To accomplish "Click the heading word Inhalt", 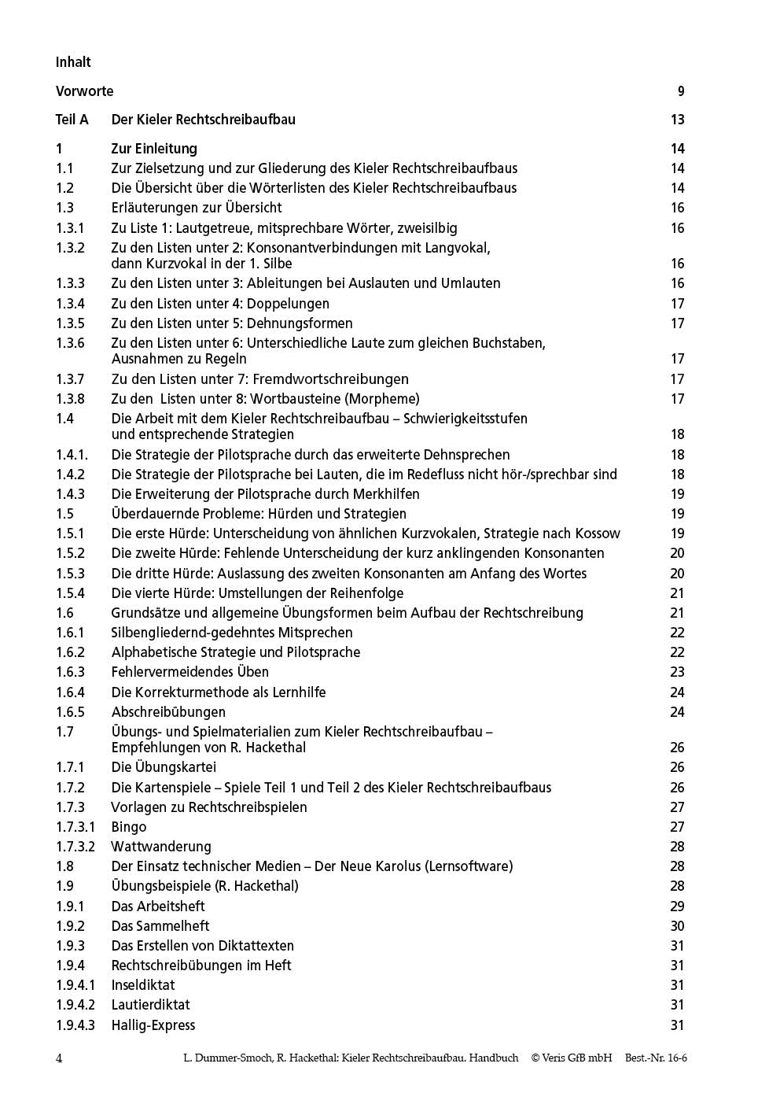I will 73,62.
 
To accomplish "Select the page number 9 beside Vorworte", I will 681,91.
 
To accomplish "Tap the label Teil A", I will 72,120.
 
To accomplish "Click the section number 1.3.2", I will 70,248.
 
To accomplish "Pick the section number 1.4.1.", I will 72,455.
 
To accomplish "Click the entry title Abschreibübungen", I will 157,712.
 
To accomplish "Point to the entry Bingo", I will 129,827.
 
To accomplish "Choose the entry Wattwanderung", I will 161,847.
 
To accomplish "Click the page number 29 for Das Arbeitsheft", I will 677,906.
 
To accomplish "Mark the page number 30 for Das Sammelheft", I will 677,926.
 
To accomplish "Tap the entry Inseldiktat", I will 143,985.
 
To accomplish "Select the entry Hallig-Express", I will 153,1025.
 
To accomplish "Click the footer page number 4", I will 60,1058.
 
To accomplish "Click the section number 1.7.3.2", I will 75,847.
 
